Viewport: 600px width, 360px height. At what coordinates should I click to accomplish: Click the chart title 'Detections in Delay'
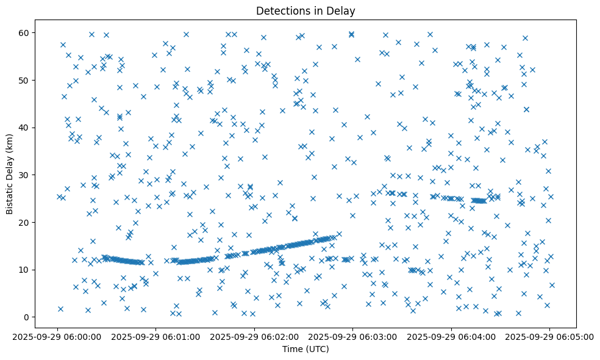point(305,11)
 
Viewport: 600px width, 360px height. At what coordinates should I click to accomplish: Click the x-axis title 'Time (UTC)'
point(305,349)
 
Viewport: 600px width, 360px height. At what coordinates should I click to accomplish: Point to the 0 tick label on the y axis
point(27,317)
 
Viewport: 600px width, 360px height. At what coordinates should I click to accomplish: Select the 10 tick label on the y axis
point(24,270)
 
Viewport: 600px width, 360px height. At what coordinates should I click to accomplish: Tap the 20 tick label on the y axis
point(24,222)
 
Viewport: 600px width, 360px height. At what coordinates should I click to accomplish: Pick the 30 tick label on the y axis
point(24,175)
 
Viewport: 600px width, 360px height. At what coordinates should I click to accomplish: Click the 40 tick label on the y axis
point(24,128)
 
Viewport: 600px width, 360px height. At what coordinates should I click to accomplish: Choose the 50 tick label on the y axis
point(24,80)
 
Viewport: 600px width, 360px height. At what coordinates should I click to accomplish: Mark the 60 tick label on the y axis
point(24,32)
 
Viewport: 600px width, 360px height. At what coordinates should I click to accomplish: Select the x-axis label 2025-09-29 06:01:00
point(156,336)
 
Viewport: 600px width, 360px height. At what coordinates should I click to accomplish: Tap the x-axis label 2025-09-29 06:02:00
point(254,336)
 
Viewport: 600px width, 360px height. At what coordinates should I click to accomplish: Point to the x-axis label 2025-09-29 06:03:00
point(353,336)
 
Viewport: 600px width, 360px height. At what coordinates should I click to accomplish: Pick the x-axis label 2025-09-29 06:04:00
point(451,336)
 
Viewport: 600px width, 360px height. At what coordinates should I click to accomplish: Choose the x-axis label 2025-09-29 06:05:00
point(549,336)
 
